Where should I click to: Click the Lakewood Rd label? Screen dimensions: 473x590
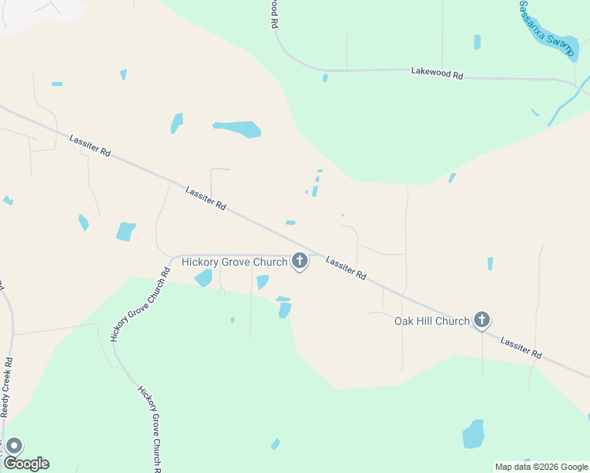point(437,72)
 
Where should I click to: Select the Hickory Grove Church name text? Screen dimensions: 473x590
point(234,262)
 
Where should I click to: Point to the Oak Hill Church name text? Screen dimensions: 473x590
point(431,321)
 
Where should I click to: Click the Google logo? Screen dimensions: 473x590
point(26,464)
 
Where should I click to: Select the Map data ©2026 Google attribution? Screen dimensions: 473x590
point(541,467)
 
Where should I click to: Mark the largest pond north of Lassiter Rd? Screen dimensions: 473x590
point(237,128)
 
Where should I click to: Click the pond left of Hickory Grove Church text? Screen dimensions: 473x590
point(204,277)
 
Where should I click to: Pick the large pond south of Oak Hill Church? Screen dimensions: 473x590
point(473,434)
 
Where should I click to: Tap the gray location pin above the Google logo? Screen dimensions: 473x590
point(13,446)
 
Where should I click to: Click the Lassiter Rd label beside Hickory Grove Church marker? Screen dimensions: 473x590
point(346,269)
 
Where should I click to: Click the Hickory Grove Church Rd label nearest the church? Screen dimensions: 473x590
point(140,305)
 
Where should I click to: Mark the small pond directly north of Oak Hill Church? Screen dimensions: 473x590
point(490,263)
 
